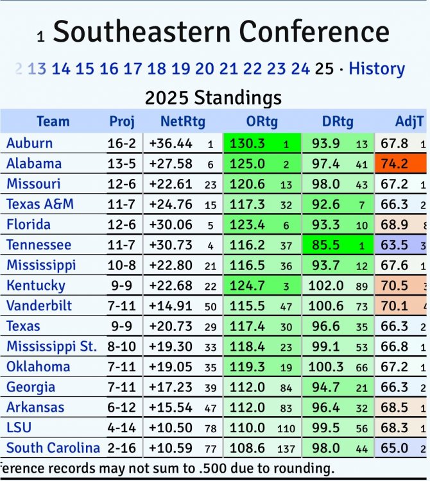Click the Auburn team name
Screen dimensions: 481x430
pos(30,143)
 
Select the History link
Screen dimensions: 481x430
pos(377,69)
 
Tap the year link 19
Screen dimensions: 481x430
pos(181,69)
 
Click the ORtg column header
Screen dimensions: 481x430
pos(261,121)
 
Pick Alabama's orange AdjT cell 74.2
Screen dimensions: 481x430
pos(394,164)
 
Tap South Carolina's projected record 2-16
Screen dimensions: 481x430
pos(122,448)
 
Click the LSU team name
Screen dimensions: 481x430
pos(19,428)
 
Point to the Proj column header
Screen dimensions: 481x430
pos(122,121)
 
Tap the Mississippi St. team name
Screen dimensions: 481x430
pos(52,347)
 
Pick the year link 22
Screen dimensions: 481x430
pos(252,69)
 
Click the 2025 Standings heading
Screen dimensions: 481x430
pos(213,98)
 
